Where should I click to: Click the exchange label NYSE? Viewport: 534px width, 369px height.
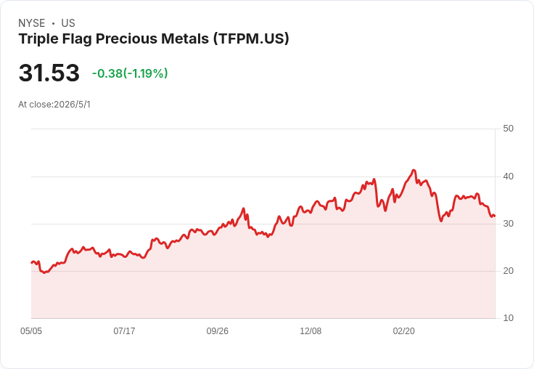click(x=32, y=23)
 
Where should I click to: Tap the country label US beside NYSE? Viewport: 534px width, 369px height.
click(x=68, y=23)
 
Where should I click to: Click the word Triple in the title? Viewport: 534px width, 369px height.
click(x=38, y=39)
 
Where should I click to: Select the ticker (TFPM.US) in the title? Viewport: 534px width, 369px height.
click(x=251, y=38)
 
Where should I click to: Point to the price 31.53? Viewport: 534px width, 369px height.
click(x=49, y=73)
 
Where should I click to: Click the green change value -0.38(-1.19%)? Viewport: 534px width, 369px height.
click(x=130, y=73)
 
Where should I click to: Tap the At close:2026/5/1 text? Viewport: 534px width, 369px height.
click(x=54, y=105)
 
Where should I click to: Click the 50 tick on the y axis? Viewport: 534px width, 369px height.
click(x=508, y=129)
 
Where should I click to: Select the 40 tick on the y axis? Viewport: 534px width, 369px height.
click(x=508, y=177)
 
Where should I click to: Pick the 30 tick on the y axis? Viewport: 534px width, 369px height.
click(x=508, y=224)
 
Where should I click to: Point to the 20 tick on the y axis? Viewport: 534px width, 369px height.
click(x=508, y=271)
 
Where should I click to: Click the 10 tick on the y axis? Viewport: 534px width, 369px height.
click(x=508, y=318)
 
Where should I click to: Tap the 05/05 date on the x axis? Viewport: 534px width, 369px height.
click(x=31, y=331)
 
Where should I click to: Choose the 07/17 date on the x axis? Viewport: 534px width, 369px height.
click(x=124, y=331)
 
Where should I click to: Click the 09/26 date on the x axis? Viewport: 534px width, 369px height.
click(x=217, y=331)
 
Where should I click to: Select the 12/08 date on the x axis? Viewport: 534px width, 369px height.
click(x=311, y=331)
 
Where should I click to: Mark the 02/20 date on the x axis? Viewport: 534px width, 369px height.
click(x=404, y=331)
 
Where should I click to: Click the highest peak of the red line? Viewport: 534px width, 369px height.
click(x=414, y=170)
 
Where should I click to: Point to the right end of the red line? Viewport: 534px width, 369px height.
click(x=495, y=216)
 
